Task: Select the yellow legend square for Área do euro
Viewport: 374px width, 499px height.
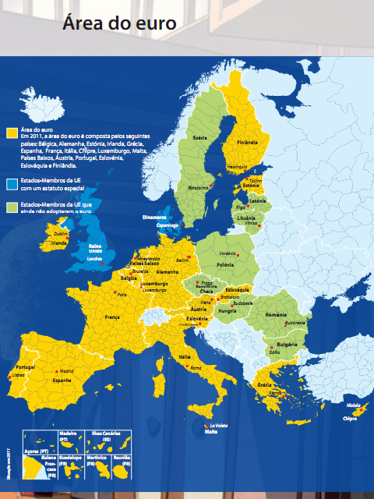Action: [x=11, y=133]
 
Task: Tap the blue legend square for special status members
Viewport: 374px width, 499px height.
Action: [x=11, y=183]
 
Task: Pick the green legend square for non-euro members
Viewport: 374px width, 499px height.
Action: [x=11, y=207]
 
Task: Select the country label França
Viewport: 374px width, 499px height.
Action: [x=113, y=318]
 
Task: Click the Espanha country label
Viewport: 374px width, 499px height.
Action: [x=61, y=381]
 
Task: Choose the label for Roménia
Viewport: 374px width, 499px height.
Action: [x=277, y=313]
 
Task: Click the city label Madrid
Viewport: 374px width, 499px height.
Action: [x=66, y=371]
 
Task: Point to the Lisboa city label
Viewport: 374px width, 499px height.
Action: [x=16, y=374]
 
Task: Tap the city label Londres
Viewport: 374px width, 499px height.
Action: [x=95, y=258]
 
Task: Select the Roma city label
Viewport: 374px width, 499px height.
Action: [x=196, y=367]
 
